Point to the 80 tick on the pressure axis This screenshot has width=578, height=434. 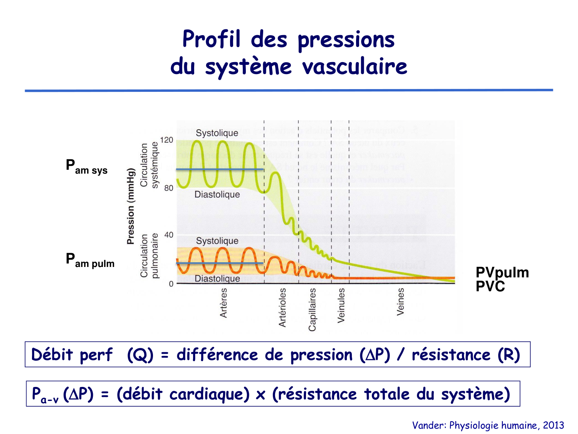pos(168,188)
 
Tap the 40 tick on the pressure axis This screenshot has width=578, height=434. pos(168,235)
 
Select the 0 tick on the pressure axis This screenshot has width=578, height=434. pos(171,284)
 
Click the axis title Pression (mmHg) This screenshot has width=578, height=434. pos(131,206)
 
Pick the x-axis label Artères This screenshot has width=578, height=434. pos(223,303)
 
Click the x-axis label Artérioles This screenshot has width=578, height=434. pos(282,307)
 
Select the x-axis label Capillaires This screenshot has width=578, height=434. pos(312,309)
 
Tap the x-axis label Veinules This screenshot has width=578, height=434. pos(341,305)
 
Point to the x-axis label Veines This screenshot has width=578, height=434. pos(401,301)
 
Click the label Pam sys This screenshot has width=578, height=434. pos(87,167)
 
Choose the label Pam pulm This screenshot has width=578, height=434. pos(90,260)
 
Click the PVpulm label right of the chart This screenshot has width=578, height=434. pos(502,273)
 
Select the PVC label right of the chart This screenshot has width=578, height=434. pos(490,287)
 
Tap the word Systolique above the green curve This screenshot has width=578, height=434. pos(217,133)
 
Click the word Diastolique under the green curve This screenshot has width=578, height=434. pos(217,194)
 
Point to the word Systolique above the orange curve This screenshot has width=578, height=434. pos(217,241)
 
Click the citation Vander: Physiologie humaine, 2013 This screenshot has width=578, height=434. pos(488,425)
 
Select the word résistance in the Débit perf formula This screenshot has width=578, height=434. pos(451,355)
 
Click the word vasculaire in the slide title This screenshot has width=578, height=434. pos(355,66)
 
